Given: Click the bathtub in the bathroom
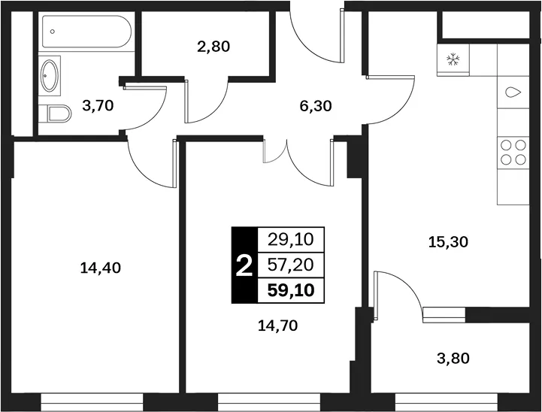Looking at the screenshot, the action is click(86, 32).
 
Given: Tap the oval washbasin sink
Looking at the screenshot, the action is click(50, 76).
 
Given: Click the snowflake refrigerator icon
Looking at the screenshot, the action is click(453, 59).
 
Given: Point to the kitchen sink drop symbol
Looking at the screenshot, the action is click(513, 92).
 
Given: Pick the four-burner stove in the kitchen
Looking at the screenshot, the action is click(513, 153).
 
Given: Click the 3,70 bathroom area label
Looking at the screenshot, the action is click(98, 106).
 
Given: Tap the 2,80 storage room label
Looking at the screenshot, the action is click(213, 47).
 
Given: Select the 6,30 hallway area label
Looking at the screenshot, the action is click(316, 106).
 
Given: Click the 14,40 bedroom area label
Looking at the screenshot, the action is click(100, 268).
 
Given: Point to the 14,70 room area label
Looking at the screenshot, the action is click(277, 326).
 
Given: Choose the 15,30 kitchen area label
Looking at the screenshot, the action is click(448, 242).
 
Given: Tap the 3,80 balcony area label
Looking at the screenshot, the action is click(453, 359).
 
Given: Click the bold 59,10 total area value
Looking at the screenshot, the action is click(291, 290).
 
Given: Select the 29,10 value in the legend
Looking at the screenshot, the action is click(291, 240).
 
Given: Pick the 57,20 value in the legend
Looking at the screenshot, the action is click(291, 265).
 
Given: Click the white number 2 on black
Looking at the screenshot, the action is click(244, 265).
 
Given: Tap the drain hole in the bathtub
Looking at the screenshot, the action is click(52, 32).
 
